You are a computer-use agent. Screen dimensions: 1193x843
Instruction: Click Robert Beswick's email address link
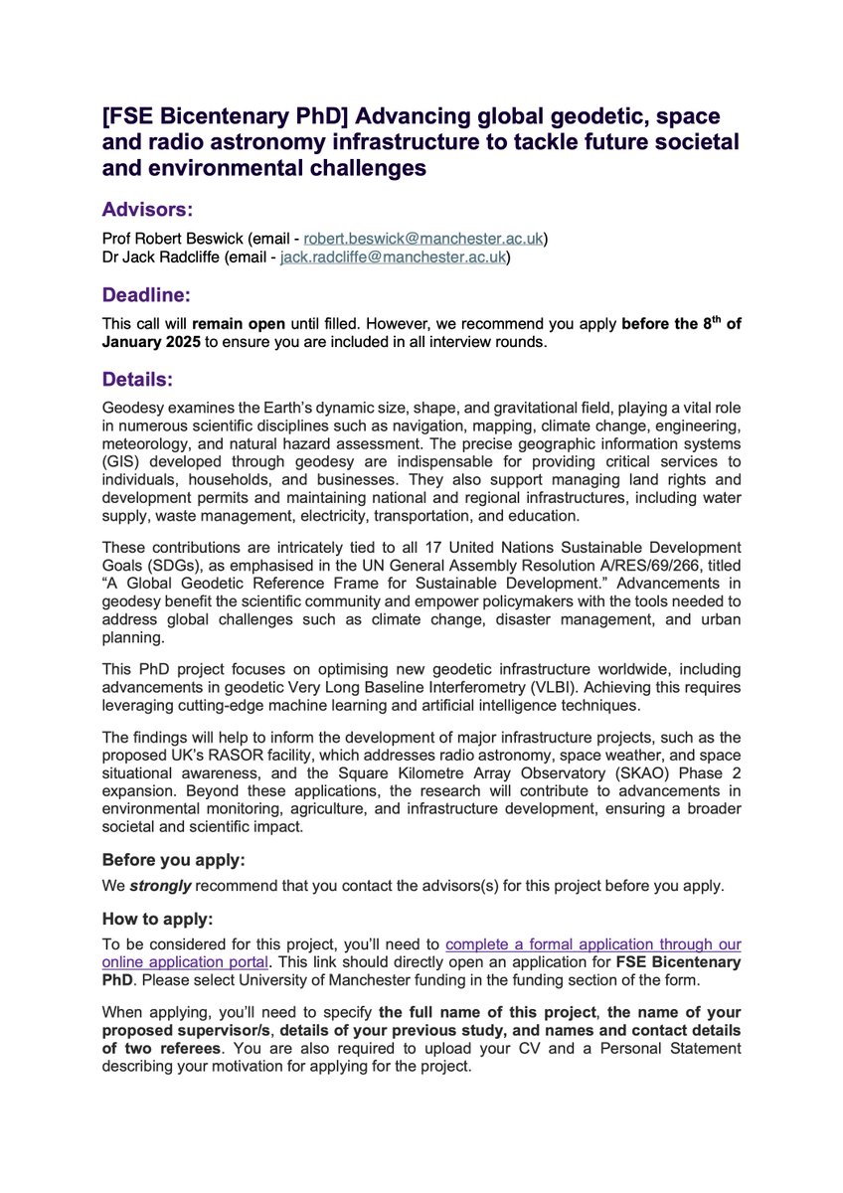pos(424,240)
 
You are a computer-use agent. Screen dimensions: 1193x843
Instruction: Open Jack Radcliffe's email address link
pos(395,257)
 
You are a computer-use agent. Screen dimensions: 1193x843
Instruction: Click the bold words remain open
pos(234,323)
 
